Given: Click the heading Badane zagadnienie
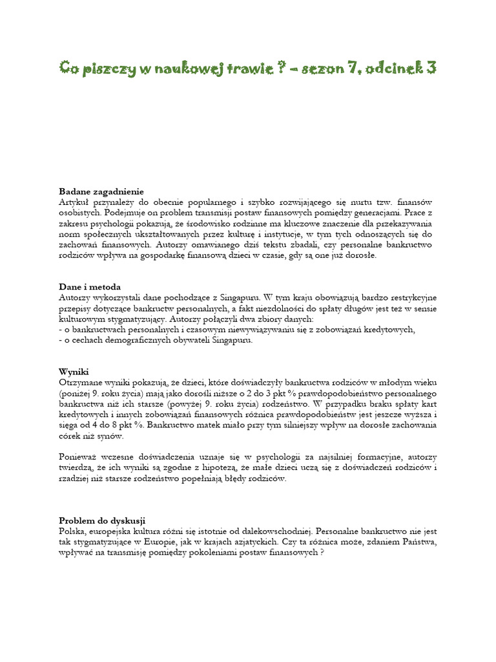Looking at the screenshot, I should [x=101, y=191].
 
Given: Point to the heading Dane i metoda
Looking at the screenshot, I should [x=90, y=286].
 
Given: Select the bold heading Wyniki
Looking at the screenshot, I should [x=73, y=372].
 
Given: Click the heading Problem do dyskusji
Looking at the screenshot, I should [x=102, y=520].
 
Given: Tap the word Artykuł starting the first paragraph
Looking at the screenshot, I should [x=75, y=202].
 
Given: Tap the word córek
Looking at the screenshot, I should [x=72, y=436].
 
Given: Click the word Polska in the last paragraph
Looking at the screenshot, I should [x=72, y=531].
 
